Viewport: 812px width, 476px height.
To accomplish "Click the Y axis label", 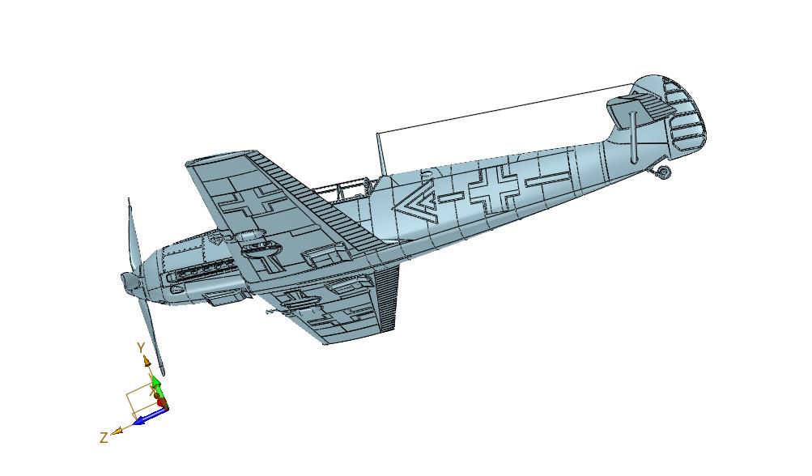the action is [140, 347].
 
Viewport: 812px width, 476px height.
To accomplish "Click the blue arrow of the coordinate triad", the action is [149, 416].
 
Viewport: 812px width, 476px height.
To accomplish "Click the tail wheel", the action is [663, 171].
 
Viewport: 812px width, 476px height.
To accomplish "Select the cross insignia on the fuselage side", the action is [494, 190].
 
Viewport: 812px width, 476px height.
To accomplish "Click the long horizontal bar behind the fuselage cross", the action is [547, 179].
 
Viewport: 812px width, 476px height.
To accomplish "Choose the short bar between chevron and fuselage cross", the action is [451, 196].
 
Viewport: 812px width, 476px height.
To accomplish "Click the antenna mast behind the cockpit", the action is [381, 153].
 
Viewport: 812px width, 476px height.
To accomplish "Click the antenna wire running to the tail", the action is [506, 108].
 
